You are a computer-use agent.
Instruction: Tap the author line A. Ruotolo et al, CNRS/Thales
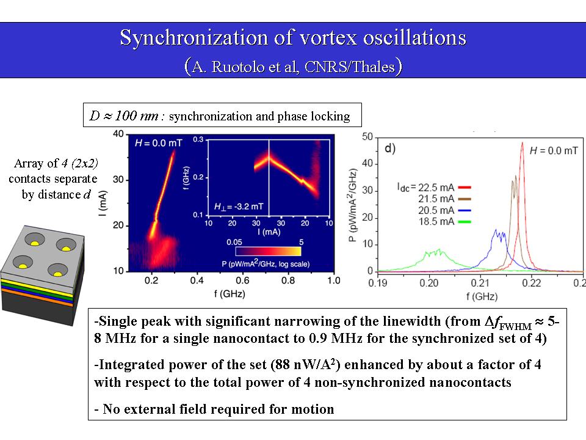click(293, 65)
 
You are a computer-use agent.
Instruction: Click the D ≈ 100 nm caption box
click(222, 116)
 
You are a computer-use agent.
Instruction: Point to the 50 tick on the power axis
click(367, 137)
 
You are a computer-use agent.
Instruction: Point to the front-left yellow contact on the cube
click(23, 266)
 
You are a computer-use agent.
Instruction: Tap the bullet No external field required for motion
click(214, 409)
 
